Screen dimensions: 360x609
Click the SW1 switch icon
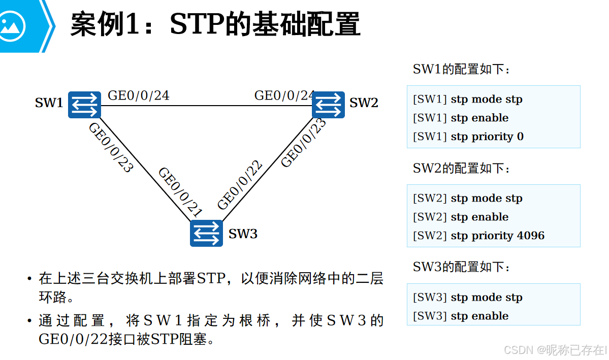click(x=84, y=105)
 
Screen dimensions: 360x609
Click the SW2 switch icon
click(x=328, y=105)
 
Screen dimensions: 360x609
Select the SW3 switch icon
click(x=206, y=233)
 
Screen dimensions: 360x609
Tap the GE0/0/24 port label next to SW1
click(x=138, y=95)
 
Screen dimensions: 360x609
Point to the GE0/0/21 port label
click(x=180, y=192)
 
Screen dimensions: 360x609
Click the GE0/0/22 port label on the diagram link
click(x=240, y=185)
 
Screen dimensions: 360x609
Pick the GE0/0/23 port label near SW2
click(x=304, y=142)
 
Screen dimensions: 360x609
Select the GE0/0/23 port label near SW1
click(x=110, y=147)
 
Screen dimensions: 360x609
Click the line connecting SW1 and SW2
click(x=203, y=106)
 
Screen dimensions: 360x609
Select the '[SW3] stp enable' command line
click(x=461, y=316)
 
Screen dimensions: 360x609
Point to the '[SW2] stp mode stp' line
click(x=468, y=198)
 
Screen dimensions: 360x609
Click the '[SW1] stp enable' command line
click(x=461, y=118)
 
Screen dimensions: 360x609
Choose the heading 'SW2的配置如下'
click(x=461, y=168)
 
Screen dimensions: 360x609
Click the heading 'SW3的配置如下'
click(x=461, y=267)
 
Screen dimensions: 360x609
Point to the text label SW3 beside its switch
click(x=243, y=234)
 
